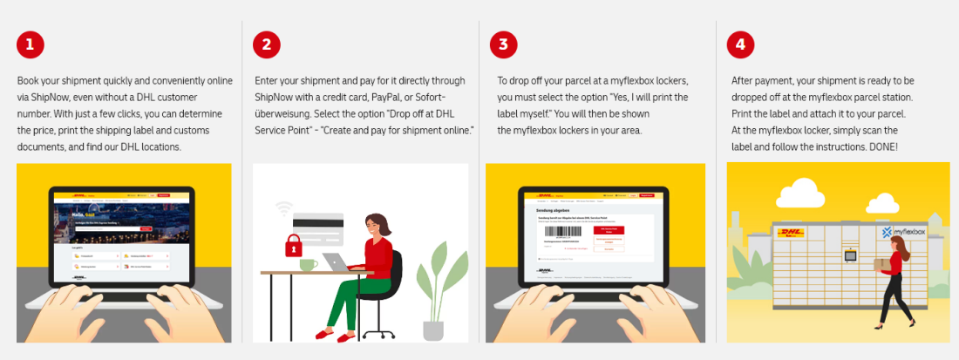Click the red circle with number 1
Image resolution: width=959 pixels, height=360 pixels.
click(x=31, y=44)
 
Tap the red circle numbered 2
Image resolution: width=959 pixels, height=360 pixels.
click(x=267, y=44)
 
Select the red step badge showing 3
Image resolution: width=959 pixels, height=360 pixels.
click(x=504, y=44)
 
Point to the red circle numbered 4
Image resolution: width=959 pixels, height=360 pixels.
click(x=741, y=44)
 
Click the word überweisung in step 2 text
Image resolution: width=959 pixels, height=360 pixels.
click(x=282, y=113)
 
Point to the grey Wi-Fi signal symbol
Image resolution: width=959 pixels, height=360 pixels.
click(x=282, y=209)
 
